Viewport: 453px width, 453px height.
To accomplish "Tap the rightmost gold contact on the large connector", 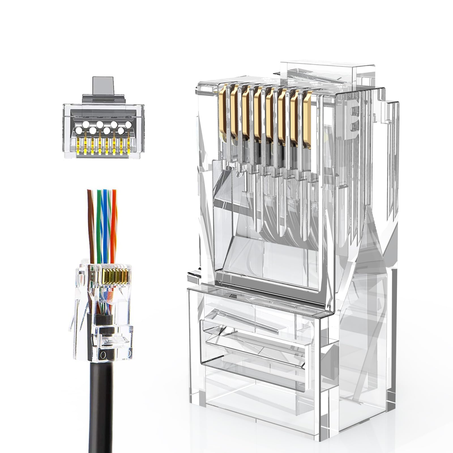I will point(307,119).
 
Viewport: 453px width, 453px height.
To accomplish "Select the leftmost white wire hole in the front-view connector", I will point(78,131).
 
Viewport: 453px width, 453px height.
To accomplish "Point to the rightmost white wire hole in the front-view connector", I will point(128,125).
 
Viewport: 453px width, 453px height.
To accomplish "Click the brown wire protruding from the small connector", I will point(91,226).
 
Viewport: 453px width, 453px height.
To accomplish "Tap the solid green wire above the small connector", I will point(99,226).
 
